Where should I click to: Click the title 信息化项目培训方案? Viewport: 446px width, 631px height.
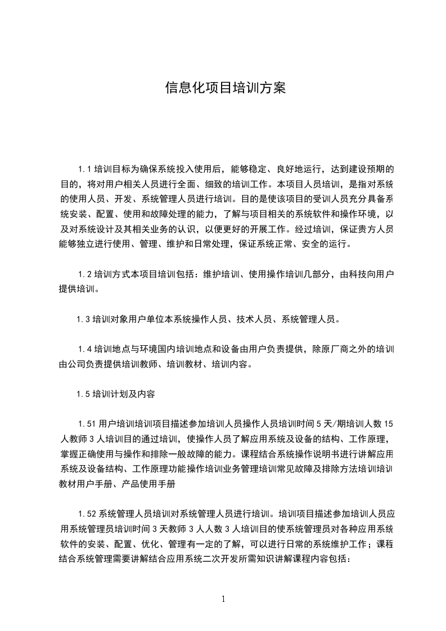point(225,88)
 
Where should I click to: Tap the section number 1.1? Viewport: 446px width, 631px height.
point(85,169)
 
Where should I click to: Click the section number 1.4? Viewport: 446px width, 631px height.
point(85,349)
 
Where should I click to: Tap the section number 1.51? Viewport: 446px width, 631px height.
point(87,423)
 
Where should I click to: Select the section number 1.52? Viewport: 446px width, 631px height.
point(87,513)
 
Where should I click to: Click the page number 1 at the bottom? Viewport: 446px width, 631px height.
point(223,599)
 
